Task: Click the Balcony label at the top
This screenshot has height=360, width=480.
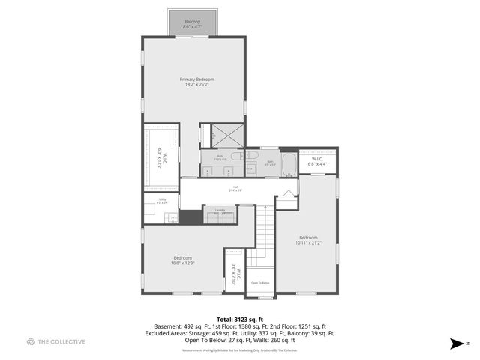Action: tap(193, 24)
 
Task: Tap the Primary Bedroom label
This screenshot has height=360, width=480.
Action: tap(196, 81)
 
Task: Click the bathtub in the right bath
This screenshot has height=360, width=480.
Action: tap(269, 163)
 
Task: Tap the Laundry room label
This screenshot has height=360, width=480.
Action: tap(220, 212)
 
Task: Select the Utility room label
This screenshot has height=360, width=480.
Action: tap(161, 202)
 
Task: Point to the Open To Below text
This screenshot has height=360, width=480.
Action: tap(259, 283)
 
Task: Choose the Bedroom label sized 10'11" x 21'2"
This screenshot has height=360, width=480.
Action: tap(309, 240)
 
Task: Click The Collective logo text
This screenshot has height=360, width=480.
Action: tap(61, 341)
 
